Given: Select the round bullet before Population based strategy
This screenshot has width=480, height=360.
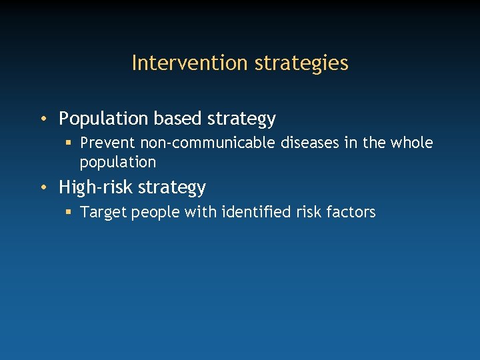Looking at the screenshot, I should tap(42, 119).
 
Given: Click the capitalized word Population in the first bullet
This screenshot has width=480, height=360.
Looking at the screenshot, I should tap(104, 119).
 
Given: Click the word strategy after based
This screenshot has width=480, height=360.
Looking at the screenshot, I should tap(241, 119).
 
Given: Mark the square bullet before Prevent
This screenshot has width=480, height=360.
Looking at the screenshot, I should tap(68, 143).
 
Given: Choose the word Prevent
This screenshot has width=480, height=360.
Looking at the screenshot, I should tap(108, 143).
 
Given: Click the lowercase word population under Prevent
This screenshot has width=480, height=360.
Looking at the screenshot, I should tap(117, 162).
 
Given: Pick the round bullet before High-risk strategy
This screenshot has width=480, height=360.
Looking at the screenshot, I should tap(42, 187).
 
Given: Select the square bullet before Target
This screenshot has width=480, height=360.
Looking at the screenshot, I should tap(68, 212).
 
